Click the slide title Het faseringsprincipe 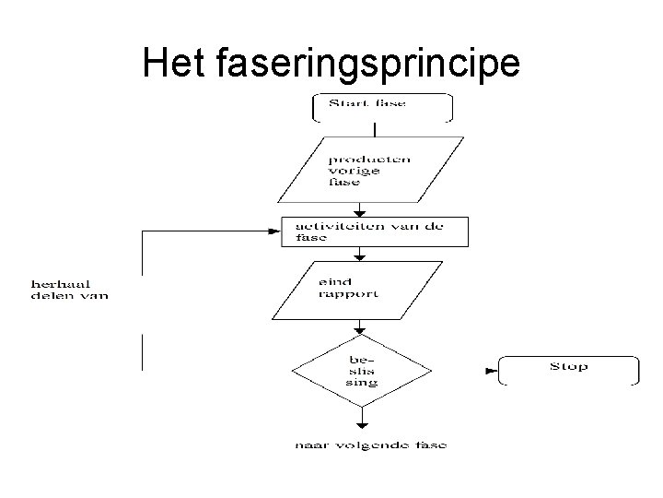coord(331,63)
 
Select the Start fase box coord(383,107)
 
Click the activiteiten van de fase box coord(375,231)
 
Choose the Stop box coord(568,370)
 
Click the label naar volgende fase coord(371,445)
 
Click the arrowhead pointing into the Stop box coord(488,371)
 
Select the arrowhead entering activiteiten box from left coord(273,232)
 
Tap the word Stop coord(568,367)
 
